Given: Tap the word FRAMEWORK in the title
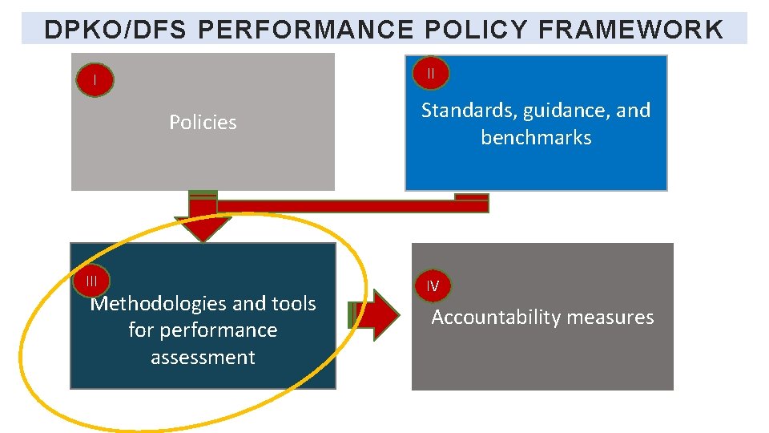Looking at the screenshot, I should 631,30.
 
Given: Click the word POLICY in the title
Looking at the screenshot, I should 477,30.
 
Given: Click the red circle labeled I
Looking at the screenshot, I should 95,80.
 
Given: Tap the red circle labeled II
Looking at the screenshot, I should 431,74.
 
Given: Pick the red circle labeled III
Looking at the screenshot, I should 92,281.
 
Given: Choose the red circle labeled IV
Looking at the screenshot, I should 433,285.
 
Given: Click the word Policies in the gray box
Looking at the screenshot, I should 203,123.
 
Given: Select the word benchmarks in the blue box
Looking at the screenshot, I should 536,138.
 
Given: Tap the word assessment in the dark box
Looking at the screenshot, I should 203,358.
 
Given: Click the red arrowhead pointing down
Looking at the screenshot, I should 203,228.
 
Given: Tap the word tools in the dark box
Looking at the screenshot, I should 292,304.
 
